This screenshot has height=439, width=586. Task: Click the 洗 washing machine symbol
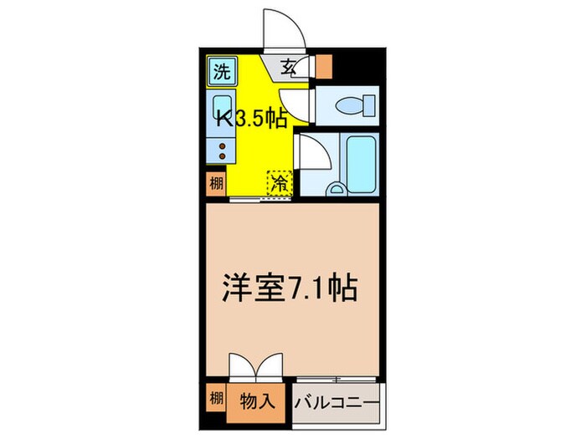pyautogui.click(x=220, y=71)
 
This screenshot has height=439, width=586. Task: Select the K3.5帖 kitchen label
pyautogui.click(x=253, y=120)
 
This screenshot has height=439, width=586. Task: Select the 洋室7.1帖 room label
pyautogui.click(x=289, y=289)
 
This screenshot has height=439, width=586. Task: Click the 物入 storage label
pyautogui.click(x=258, y=401)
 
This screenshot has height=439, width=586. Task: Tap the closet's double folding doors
pyautogui.click(x=251, y=368)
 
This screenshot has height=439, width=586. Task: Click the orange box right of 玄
pyautogui.click(x=323, y=66)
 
